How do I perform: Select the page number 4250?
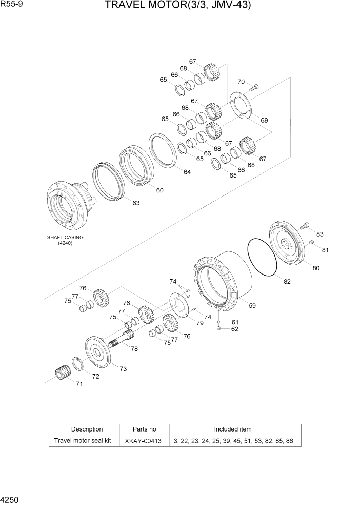pyautogui.click(x=11, y=499)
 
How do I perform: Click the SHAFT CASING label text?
pyautogui.click(x=65, y=238)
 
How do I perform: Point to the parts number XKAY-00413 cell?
pyautogui.click(x=144, y=441)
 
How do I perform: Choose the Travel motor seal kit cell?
pyautogui.click(x=83, y=441)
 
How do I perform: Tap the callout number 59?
pyautogui.click(x=252, y=306)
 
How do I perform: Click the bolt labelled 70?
pyautogui.click(x=254, y=88)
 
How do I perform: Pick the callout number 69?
pyautogui.click(x=264, y=120)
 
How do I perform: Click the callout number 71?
pyautogui.click(x=79, y=384)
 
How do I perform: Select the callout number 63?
pyautogui.click(x=136, y=203)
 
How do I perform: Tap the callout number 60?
pyautogui.click(x=160, y=190)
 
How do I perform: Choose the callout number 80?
pyautogui.click(x=316, y=268)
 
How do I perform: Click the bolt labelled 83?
pyautogui.click(x=306, y=224)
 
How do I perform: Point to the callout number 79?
pyautogui.click(x=199, y=323)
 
